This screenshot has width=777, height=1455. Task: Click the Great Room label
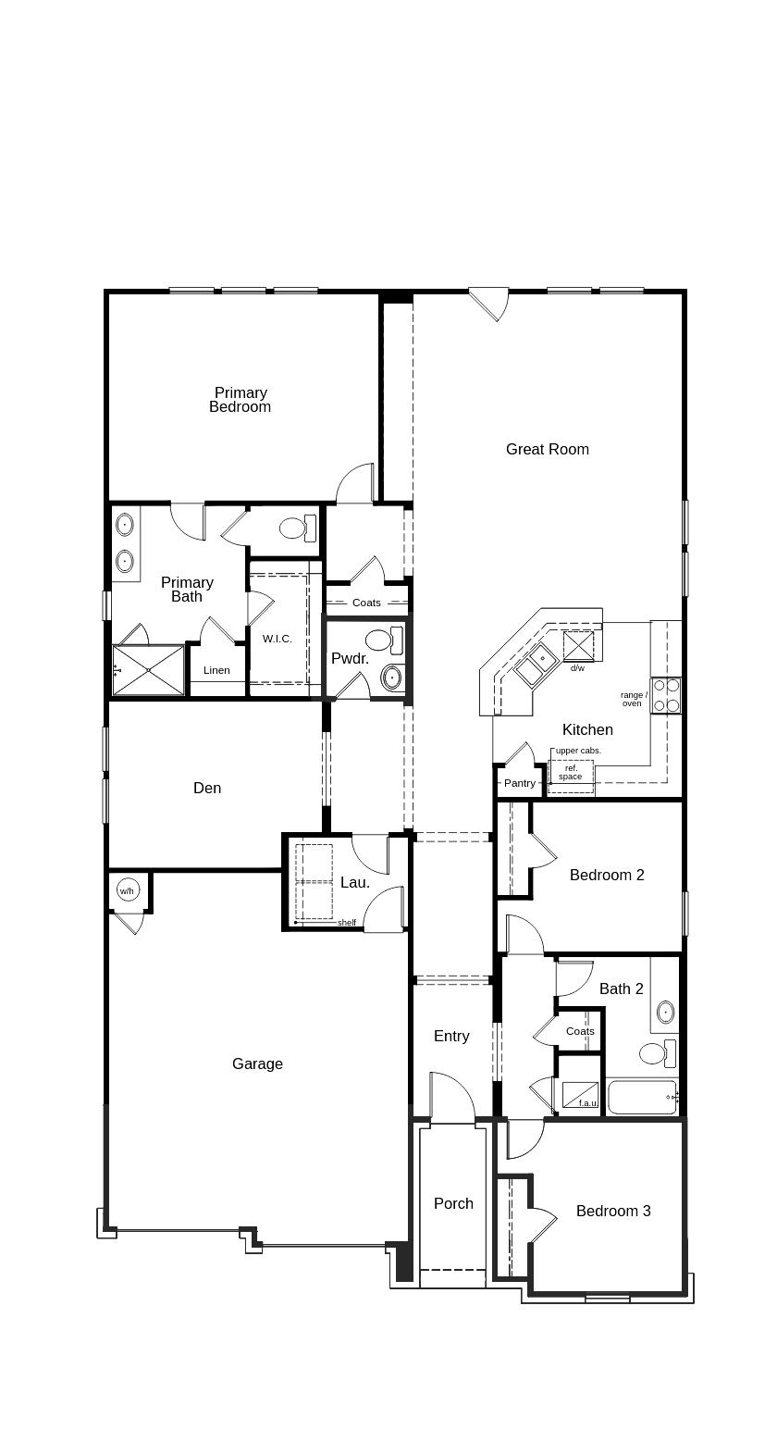click(547, 449)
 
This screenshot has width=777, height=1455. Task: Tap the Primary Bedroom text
click(240, 400)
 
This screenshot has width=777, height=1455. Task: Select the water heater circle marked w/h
click(127, 891)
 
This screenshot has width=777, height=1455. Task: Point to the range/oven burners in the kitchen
click(666, 694)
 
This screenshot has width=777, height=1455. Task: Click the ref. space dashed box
click(571, 772)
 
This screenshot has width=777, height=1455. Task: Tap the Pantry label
click(520, 783)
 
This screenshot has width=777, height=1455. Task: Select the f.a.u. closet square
click(580, 1095)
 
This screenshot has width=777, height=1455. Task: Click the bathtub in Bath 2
click(642, 1098)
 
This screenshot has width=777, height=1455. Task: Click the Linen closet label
click(216, 670)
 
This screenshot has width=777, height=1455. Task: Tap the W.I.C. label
click(277, 639)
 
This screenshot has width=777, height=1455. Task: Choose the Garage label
click(257, 1064)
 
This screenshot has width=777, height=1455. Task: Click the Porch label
click(453, 1203)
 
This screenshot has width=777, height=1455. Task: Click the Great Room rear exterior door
click(488, 303)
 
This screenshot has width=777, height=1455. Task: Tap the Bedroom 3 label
click(613, 1211)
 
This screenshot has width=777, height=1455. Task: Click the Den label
click(207, 788)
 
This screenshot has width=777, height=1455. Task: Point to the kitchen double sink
click(535, 664)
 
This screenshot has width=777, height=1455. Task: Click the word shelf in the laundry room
click(346, 923)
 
